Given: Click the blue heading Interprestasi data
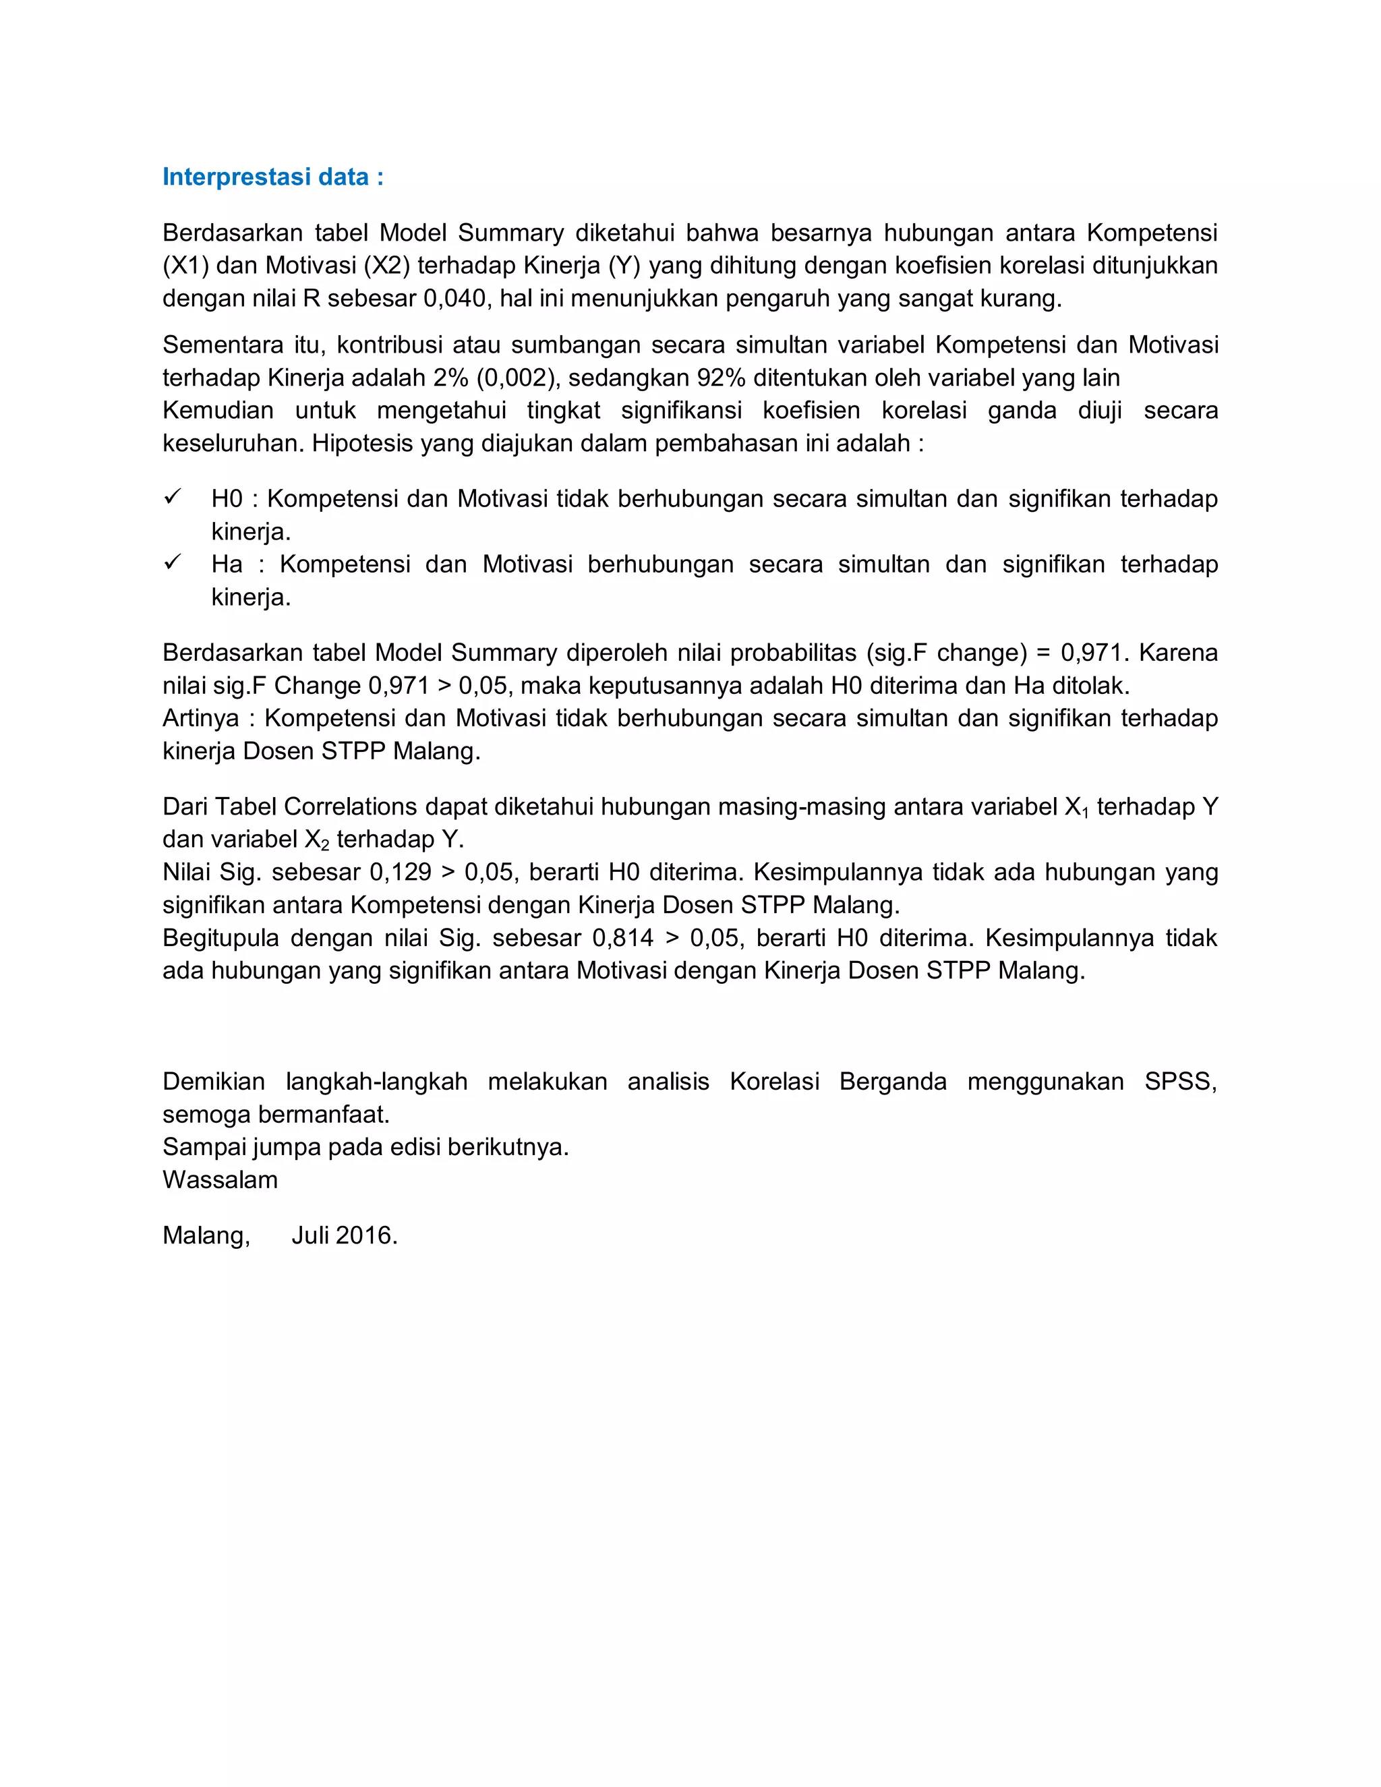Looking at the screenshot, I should coord(272,177).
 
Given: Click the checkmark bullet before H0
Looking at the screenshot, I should coord(172,498).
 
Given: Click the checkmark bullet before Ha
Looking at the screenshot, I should coord(172,563).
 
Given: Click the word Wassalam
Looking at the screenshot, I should coord(220,1180).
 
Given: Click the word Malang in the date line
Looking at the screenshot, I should coord(206,1235).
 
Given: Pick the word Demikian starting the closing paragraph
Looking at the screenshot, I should coord(214,1082).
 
